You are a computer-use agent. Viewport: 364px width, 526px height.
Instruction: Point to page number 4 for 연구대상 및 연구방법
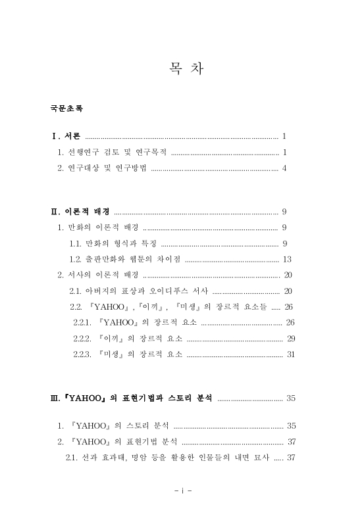click(x=284, y=168)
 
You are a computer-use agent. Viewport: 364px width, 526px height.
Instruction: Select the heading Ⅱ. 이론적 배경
click(x=80, y=212)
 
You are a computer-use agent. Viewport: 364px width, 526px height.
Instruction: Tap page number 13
click(x=286, y=259)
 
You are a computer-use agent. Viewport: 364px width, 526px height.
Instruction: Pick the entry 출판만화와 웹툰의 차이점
click(x=124, y=259)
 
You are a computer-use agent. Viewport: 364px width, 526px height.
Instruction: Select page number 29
click(x=290, y=339)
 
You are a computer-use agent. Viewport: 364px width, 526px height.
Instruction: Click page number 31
click(x=290, y=354)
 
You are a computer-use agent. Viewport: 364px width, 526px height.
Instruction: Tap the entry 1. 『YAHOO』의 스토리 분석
click(x=111, y=425)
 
